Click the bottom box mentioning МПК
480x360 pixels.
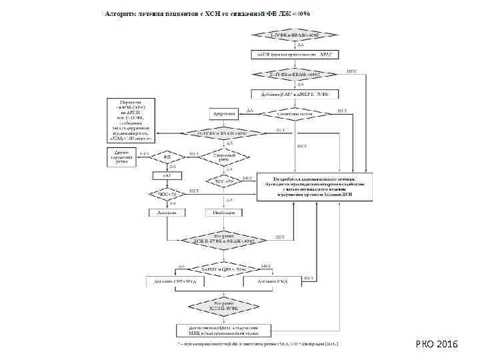pos(223,331)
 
